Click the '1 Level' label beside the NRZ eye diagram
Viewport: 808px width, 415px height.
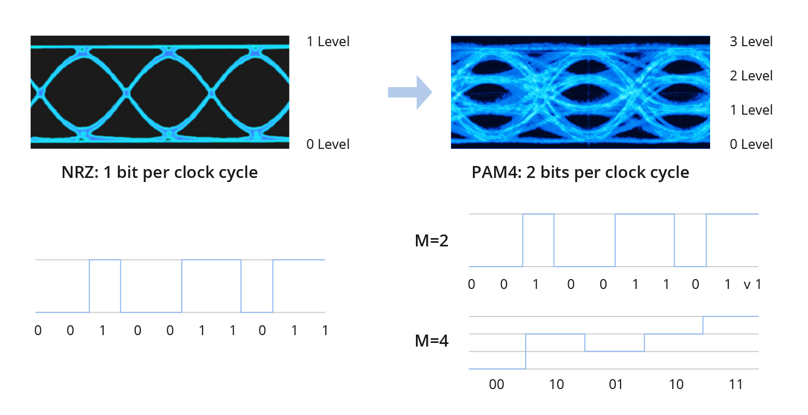(x=328, y=42)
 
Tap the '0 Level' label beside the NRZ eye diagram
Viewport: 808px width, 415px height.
(x=328, y=144)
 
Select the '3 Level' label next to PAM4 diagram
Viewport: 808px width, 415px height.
(x=751, y=42)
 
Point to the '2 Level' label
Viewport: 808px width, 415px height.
(x=751, y=76)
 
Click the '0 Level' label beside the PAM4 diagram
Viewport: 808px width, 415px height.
(x=751, y=144)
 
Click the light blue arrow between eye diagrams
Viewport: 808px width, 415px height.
(x=410, y=92)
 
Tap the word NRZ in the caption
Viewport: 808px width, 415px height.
(x=79, y=172)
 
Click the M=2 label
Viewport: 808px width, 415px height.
(x=431, y=241)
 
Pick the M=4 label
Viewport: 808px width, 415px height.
(x=431, y=341)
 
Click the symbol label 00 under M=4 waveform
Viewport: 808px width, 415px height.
(x=496, y=384)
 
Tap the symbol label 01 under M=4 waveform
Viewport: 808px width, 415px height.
(x=616, y=384)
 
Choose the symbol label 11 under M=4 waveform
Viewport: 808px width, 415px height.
(x=736, y=384)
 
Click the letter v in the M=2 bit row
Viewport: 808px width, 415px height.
(x=747, y=285)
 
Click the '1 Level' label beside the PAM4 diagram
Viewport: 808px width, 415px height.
(x=751, y=110)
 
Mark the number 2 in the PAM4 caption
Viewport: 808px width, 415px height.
(x=531, y=172)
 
